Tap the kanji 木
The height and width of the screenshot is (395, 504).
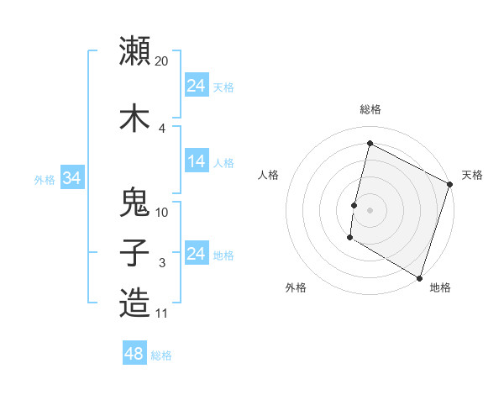[x=134, y=117]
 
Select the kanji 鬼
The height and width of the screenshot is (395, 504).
[x=134, y=202]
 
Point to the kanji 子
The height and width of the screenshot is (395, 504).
[x=134, y=253]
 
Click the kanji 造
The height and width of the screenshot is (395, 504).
[x=134, y=303]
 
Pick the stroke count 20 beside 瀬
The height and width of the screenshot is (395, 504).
[x=162, y=61]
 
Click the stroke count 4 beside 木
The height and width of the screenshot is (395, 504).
[x=162, y=129]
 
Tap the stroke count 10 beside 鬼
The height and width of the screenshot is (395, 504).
[x=162, y=213]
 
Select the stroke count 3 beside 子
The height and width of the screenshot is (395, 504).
[x=162, y=264]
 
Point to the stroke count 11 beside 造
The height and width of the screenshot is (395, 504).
[x=162, y=314]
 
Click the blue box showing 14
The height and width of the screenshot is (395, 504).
[x=197, y=162]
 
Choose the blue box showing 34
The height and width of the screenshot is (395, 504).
[x=72, y=179]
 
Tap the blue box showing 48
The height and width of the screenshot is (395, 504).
[x=134, y=354]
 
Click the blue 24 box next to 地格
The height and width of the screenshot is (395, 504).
[x=197, y=255]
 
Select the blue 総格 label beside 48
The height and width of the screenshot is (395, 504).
[x=161, y=355]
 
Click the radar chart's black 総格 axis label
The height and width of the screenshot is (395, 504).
[x=370, y=109]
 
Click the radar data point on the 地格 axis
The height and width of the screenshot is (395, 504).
[x=419, y=277]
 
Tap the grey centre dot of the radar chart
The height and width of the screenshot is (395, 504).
[x=370, y=209]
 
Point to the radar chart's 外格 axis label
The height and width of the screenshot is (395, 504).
[x=296, y=287]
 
